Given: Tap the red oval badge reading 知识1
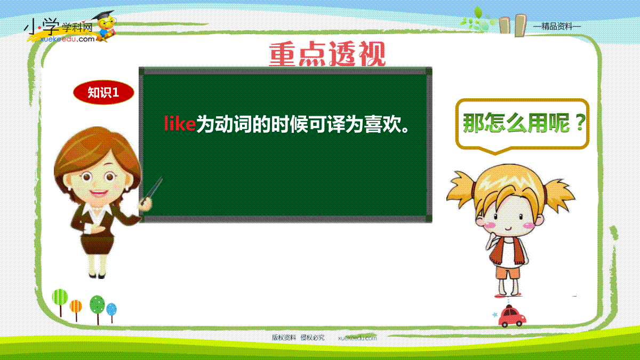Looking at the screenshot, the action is point(103,92).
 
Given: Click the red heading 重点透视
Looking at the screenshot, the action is point(327,54).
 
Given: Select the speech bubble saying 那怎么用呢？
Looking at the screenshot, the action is point(522,125).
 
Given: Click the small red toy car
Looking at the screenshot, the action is point(511,316).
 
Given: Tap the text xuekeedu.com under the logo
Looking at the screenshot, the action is point(67,39).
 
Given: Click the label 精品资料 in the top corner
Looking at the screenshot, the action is point(557,27).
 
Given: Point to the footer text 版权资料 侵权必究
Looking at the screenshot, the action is point(298,338).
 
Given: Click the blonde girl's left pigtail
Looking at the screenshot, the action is point(461,189).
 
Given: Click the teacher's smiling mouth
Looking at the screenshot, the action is point(99,193).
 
